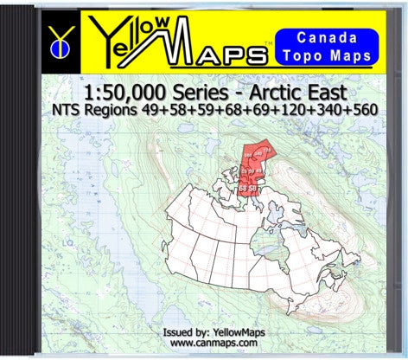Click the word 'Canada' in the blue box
pyautogui.click(x=332, y=38)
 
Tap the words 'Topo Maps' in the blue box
pyautogui.click(x=332, y=56)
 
